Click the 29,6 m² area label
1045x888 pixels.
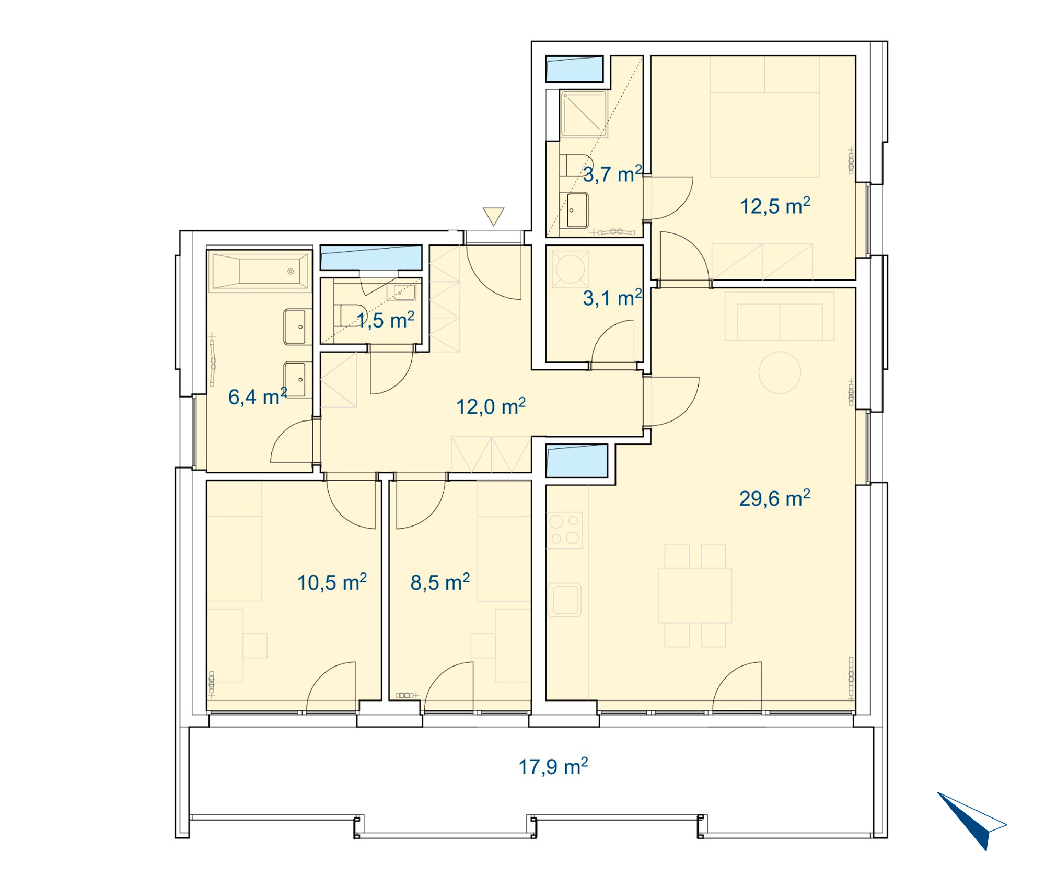pos(774,498)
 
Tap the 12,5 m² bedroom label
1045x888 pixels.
pos(775,206)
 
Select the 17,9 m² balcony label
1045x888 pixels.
pos(553,766)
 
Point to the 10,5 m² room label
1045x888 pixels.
pos(332,582)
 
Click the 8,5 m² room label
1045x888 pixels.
pos(440,582)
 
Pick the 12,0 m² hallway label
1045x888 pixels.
pos(491,406)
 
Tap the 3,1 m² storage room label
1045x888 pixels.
pos(612,298)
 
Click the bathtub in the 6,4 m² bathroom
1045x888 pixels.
pos(260,271)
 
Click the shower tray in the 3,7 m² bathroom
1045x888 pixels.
pos(584,114)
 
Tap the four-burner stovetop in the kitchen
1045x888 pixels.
pos(564,530)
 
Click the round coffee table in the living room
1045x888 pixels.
pos(780,372)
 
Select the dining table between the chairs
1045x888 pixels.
pos(695,595)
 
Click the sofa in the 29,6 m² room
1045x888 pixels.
pos(780,316)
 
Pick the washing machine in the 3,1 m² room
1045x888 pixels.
pos(570,269)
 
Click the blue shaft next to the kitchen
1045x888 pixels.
pos(577,461)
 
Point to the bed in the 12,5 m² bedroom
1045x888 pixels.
pos(764,116)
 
